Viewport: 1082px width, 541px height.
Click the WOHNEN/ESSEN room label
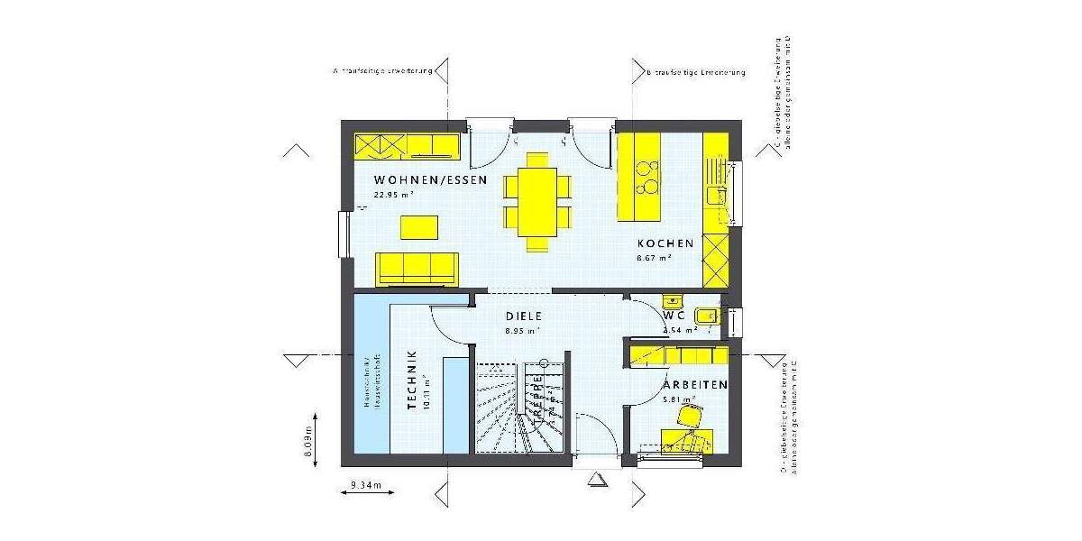[430, 180]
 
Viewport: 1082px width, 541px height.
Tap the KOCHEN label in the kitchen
[665, 243]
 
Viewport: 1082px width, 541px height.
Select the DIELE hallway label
[523, 316]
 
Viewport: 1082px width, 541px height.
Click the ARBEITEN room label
[697, 385]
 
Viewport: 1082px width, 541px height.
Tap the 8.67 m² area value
[656, 258]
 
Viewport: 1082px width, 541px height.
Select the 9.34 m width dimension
[366, 487]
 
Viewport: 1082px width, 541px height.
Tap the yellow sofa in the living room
[417, 269]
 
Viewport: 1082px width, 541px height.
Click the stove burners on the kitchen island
[646, 178]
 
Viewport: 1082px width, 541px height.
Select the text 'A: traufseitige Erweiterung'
[384, 70]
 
